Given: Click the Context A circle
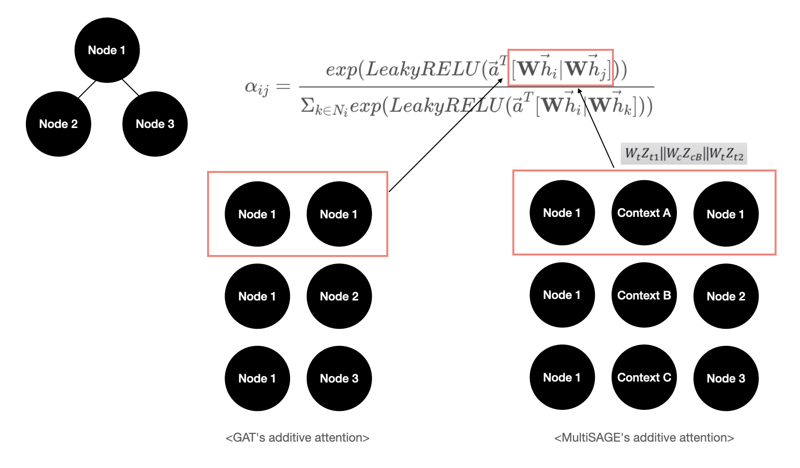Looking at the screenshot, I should (644, 213).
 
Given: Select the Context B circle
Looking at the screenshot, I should (644, 296).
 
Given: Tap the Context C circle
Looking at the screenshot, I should (644, 378).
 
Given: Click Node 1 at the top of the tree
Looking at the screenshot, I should (107, 50).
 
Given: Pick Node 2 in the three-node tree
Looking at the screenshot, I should (59, 124).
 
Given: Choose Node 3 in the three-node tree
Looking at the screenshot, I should (155, 124).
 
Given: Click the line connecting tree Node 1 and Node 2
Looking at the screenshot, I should (86, 89).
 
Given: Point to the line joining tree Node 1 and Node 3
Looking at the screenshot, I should (130, 87).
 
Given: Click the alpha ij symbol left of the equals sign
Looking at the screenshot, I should (257, 87).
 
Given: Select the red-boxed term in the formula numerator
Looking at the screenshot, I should (560, 68).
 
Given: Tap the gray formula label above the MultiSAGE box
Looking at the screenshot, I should (684, 154).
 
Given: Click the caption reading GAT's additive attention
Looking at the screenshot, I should (297, 438).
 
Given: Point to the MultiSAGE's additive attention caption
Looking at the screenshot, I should (644, 438).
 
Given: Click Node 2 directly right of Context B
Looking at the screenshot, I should (726, 297).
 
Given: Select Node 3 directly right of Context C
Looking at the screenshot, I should (726, 379).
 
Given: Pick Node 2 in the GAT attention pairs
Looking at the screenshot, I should (339, 297).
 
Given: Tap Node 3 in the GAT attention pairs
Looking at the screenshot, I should (339, 379).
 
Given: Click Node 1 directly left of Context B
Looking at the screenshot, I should (562, 295).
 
